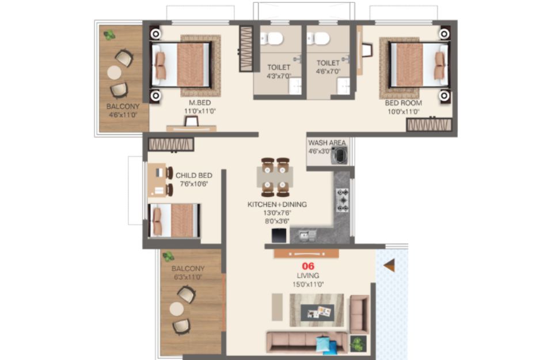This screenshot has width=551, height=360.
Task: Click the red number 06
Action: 308,266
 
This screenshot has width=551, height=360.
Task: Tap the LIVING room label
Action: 308,276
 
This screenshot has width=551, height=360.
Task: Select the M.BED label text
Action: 200,103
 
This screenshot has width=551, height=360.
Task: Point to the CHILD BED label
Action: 193,176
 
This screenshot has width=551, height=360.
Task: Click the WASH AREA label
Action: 327,143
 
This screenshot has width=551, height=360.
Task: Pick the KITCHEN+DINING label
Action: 277,204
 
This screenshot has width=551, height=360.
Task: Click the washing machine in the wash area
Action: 340,156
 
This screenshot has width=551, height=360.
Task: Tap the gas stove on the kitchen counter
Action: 343,200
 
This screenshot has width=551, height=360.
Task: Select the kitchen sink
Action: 307,235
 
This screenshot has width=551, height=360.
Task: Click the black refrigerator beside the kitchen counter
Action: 279,236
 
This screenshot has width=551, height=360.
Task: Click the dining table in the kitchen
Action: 275,177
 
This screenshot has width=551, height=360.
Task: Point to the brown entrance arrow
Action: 389,266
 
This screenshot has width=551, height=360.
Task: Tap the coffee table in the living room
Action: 317,313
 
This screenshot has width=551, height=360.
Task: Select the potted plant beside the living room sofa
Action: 358,343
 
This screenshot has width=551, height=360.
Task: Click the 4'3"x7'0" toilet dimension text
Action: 279,76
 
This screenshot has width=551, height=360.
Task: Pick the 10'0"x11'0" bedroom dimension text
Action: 404,112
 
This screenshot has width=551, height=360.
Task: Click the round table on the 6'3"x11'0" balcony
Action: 176,309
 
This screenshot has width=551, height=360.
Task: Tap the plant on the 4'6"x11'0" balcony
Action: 109,35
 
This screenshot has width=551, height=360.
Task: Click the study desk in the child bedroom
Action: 157,180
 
